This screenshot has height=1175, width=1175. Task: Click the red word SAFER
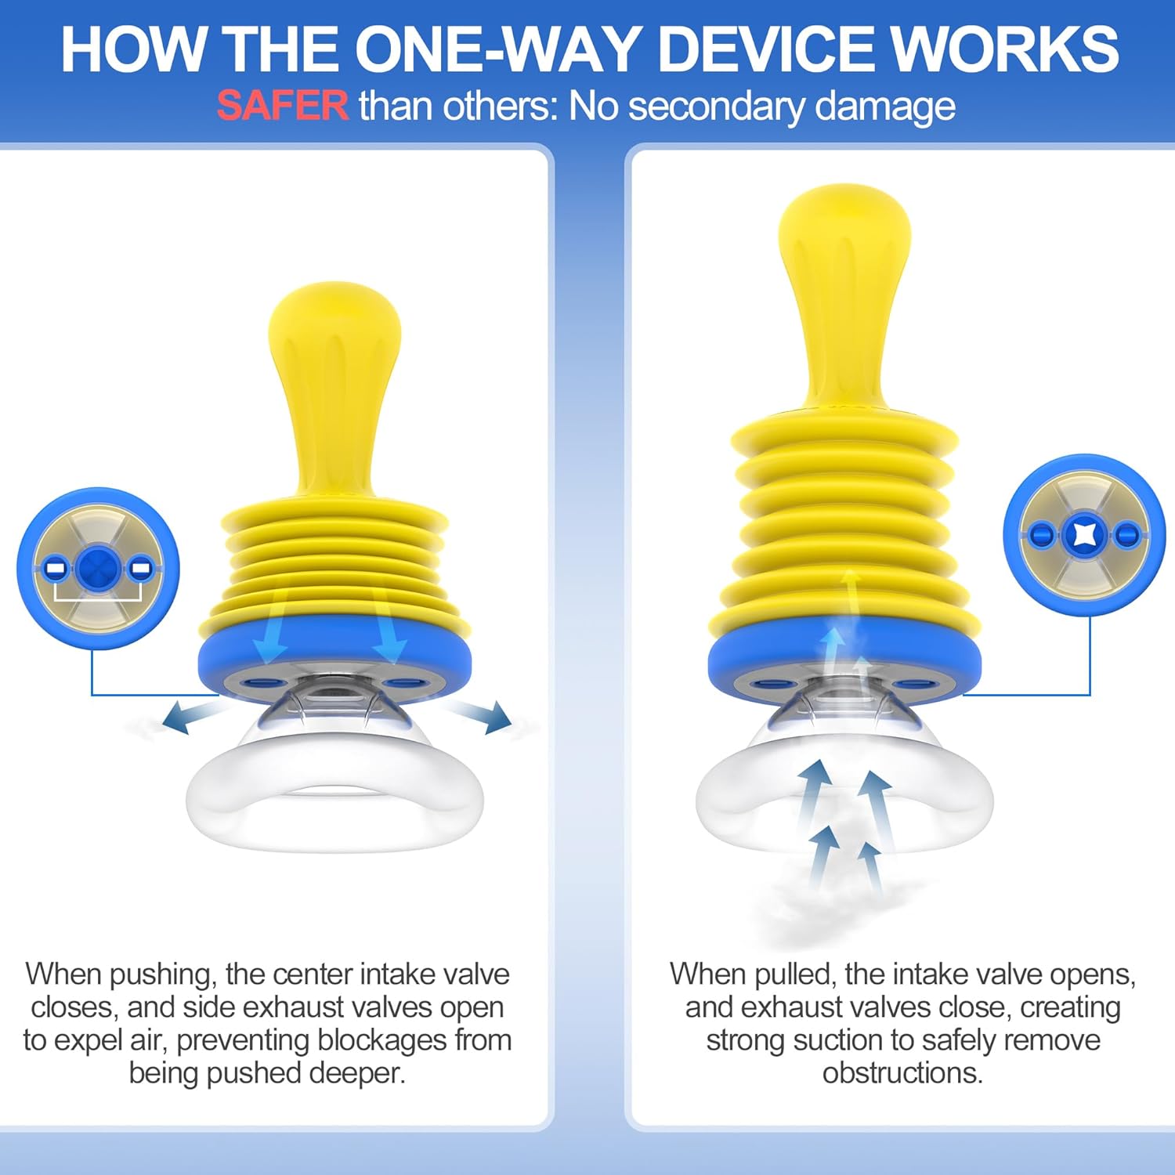tap(283, 106)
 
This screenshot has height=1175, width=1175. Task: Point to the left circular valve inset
tap(98, 568)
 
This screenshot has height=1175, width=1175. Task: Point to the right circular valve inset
tap(1084, 535)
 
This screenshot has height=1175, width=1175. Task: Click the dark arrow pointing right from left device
tap(478, 715)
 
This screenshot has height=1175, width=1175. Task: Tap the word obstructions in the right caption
tap(902, 1073)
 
